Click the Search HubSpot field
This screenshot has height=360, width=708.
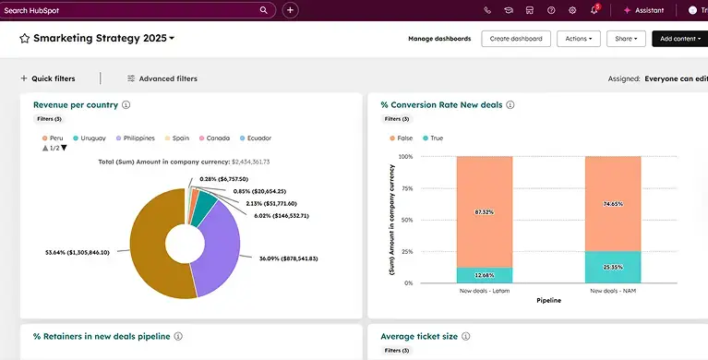pyautogui.click(x=129, y=10)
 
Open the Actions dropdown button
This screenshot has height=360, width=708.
pyautogui.click(x=579, y=39)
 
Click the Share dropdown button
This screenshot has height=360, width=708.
pyautogui.click(x=627, y=39)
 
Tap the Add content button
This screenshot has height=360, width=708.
pyautogui.click(x=678, y=39)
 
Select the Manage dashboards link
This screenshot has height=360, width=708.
pyautogui.click(x=439, y=39)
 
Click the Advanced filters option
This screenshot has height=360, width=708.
pyautogui.click(x=162, y=78)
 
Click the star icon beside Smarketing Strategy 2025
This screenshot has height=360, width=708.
pyautogui.click(x=25, y=39)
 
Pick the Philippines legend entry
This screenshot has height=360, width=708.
pyautogui.click(x=135, y=138)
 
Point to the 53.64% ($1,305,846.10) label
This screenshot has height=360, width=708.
pyautogui.click(x=78, y=251)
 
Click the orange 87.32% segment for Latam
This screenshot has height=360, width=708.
pyautogui.click(x=484, y=211)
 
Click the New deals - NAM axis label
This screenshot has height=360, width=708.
pyautogui.click(x=613, y=291)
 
